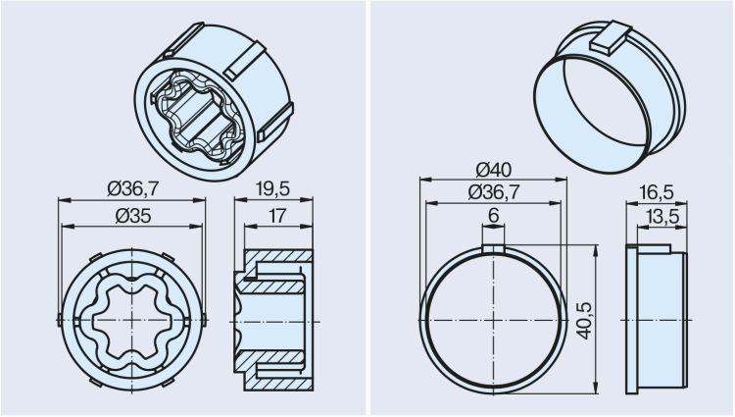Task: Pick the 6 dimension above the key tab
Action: pyautogui.click(x=493, y=216)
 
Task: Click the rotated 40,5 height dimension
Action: pyautogui.click(x=585, y=320)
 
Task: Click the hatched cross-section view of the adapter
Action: pyautogui.click(x=277, y=321)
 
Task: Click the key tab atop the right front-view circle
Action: pyautogui.click(x=493, y=249)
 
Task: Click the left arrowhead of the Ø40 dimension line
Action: pyautogui.click(x=423, y=179)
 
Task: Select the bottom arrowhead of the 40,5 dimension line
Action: pyautogui.click(x=595, y=391)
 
